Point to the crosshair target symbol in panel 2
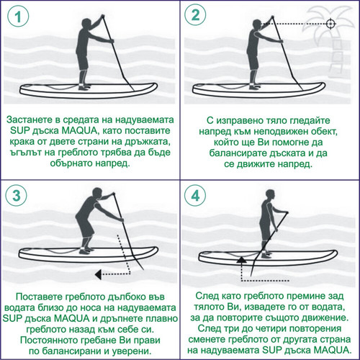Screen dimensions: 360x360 click(330, 24)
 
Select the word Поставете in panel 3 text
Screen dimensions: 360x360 click(36, 297)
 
